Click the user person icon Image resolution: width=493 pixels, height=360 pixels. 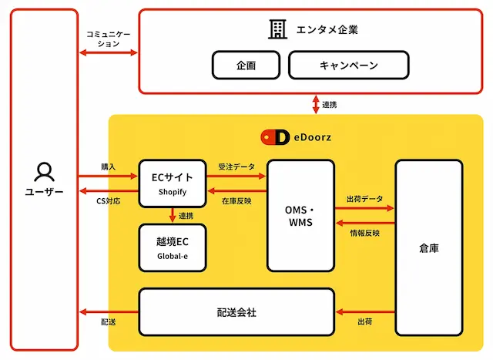[44, 172]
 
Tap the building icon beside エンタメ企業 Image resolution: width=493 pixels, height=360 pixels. [277, 29]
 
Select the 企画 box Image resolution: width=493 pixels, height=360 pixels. [246, 66]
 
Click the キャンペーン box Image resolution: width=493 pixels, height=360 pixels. [349, 66]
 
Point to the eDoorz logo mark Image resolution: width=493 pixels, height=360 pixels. [275, 137]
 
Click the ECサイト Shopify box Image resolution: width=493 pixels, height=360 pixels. [173, 183]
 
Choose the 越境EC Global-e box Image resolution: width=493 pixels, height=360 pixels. [173, 247]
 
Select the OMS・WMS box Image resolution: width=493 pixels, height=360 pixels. [300, 216]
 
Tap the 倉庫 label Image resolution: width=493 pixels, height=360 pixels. [429, 248]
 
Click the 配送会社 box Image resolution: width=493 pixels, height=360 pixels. [236, 312]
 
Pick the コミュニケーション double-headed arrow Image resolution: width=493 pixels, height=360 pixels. [109, 52]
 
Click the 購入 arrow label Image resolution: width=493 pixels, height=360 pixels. [108, 167]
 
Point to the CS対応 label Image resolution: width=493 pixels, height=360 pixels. [108, 200]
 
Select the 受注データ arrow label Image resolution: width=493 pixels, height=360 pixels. [236, 167]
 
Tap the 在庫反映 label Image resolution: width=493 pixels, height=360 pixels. [236, 200]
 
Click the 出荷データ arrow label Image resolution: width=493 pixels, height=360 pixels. [364, 199]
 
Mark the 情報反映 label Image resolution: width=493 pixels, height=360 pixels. [364, 233]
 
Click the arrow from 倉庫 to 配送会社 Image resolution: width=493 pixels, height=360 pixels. [365, 312]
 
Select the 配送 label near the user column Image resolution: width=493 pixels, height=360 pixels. [108, 322]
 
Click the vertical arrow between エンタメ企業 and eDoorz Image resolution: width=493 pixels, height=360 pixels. [316, 105]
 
